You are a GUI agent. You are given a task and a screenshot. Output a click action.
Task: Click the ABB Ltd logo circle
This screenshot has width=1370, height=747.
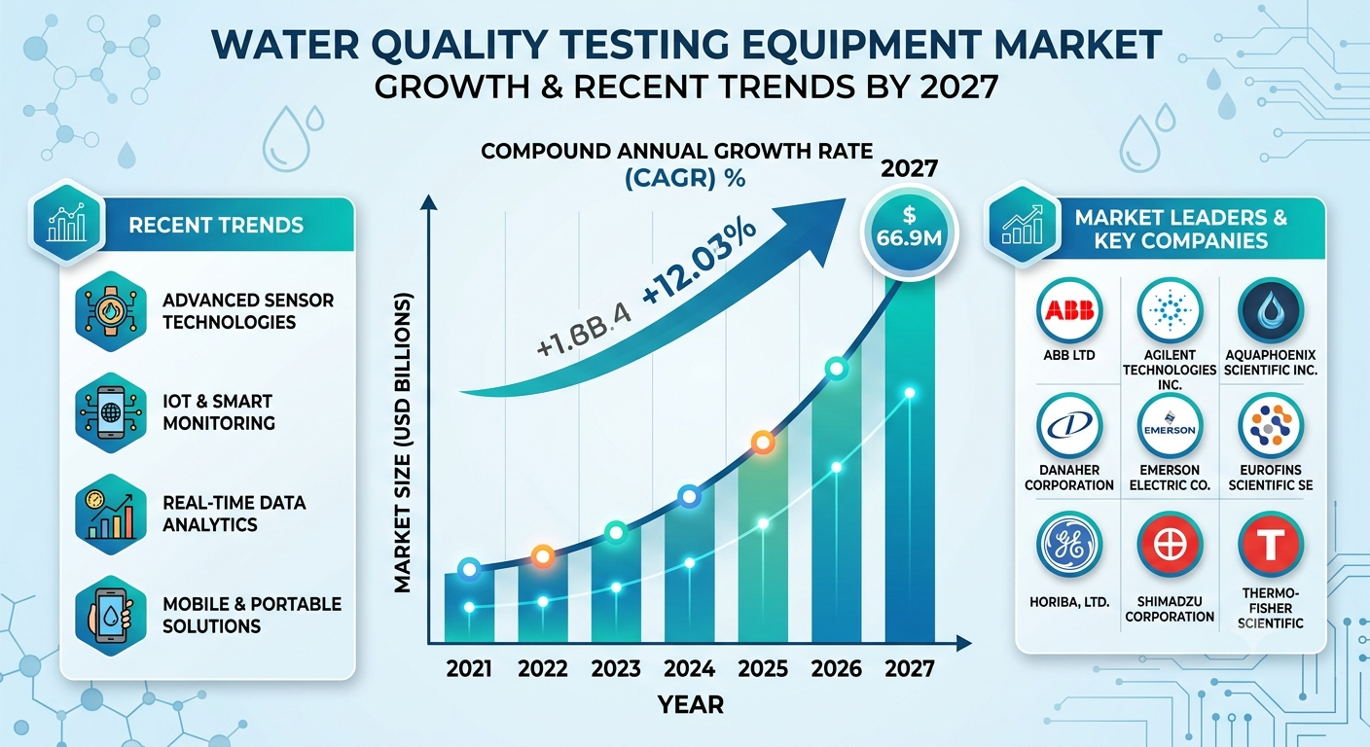1069,310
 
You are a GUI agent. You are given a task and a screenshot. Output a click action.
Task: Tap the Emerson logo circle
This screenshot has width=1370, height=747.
1170,427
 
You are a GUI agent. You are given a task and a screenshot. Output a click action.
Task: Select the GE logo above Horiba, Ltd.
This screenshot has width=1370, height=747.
1069,545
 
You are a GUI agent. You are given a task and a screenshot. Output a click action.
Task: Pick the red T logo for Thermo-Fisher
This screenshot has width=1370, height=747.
1271,545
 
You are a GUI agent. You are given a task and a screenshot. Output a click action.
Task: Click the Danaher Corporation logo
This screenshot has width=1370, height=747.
1069,427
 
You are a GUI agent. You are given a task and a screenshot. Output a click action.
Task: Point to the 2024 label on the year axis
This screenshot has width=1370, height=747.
689,669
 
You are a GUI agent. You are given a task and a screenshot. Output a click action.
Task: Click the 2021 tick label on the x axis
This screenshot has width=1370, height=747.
469,669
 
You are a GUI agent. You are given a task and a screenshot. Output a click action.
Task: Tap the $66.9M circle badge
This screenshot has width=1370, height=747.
910,232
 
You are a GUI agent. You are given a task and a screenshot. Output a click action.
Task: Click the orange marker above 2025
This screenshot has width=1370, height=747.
763,442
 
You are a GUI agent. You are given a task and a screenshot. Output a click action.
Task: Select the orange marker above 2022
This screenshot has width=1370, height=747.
543,556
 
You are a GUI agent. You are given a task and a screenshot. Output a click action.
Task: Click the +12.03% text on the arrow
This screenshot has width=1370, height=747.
699,261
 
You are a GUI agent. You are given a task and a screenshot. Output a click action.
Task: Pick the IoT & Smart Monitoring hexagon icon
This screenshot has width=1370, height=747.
111,412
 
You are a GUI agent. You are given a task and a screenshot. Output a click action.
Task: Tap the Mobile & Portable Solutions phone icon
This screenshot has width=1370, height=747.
111,616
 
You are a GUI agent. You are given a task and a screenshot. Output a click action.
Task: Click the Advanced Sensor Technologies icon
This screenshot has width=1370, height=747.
111,311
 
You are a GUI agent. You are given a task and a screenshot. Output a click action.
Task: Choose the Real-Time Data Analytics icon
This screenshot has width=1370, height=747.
111,515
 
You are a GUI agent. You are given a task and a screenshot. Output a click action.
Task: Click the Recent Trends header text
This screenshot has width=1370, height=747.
216,225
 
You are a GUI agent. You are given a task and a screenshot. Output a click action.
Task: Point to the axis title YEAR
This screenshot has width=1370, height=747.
691,705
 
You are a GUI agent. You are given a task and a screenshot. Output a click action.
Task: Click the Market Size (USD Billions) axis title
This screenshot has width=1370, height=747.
403,444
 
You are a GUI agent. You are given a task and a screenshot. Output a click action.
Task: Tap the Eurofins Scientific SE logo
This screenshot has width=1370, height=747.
1271,427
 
